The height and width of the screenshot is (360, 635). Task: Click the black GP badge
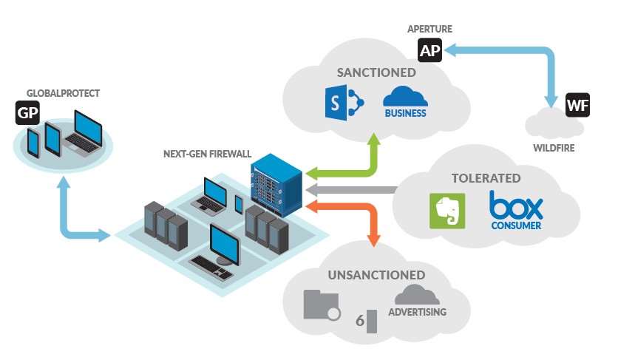point(27,113)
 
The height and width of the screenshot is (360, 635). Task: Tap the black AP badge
point(428,50)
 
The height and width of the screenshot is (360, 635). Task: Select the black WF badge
point(577,105)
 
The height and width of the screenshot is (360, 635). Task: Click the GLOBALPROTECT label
point(63,94)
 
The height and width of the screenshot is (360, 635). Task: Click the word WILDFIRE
point(554,148)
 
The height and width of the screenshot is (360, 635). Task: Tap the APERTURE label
point(429,29)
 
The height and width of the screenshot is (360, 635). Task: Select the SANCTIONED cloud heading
point(376,72)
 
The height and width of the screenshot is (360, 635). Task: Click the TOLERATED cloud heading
point(486,178)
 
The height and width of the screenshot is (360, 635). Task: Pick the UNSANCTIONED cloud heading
point(376,275)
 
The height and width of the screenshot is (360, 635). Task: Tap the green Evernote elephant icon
point(447,211)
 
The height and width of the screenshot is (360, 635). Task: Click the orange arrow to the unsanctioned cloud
point(355,211)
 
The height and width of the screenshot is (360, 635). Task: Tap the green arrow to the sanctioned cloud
point(347,169)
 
